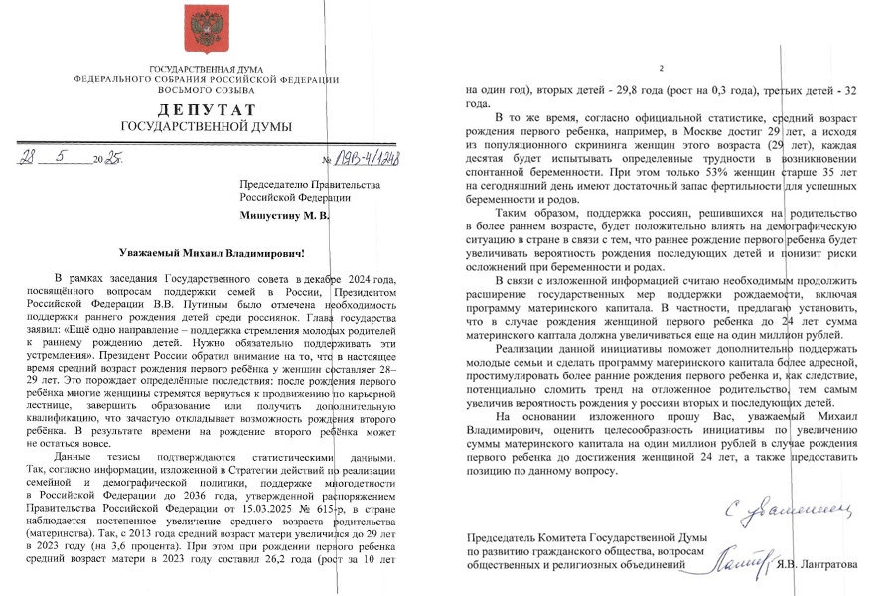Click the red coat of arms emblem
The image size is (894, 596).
(207, 30)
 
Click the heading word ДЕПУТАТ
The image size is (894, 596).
(207, 108)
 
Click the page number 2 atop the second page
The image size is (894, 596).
(661, 68)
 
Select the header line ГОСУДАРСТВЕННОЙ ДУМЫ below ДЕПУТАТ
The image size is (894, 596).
(207, 126)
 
